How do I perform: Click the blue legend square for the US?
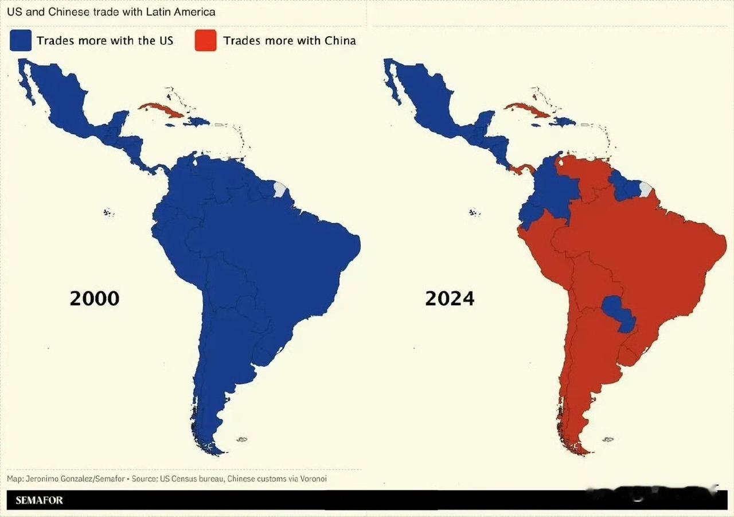click(21, 41)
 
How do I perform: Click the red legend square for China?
click(205, 41)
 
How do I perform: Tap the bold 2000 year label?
click(95, 298)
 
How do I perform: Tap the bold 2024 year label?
click(450, 298)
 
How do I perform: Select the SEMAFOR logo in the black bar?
click(40, 500)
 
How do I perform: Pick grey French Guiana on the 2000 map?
click(280, 189)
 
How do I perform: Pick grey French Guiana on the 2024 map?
click(645, 189)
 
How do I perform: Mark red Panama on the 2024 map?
click(522, 168)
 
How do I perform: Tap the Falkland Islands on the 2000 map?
click(242, 440)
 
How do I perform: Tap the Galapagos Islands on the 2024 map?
click(475, 212)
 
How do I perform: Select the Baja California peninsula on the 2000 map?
click(26, 83)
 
